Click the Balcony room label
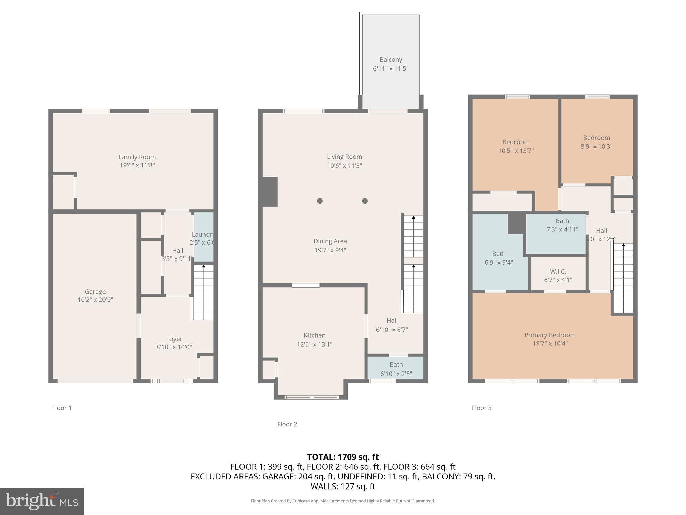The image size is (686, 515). [391, 60]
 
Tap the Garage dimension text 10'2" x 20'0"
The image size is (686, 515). [95, 300]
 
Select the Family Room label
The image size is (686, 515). [137, 157]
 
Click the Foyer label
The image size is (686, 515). [174, 339]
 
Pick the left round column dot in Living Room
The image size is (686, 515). [320, 201]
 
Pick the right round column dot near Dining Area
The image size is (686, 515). [365, 201]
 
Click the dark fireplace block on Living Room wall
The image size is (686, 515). [270, 191]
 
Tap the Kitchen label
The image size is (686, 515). [314, 335]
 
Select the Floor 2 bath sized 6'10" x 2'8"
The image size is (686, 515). [396, 369]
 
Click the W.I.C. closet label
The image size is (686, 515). [558, 271]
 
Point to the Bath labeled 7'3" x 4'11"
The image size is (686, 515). [562, 225]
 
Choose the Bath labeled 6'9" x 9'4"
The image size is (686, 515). [499, 258]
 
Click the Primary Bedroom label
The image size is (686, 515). [550, 335]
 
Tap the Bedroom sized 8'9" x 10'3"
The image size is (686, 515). [596, 142]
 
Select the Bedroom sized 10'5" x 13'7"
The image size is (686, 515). [516, 146]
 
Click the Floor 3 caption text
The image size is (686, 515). [481, 408]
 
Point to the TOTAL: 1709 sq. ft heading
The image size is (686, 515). [343, 457]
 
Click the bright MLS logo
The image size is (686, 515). [42, 501]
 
